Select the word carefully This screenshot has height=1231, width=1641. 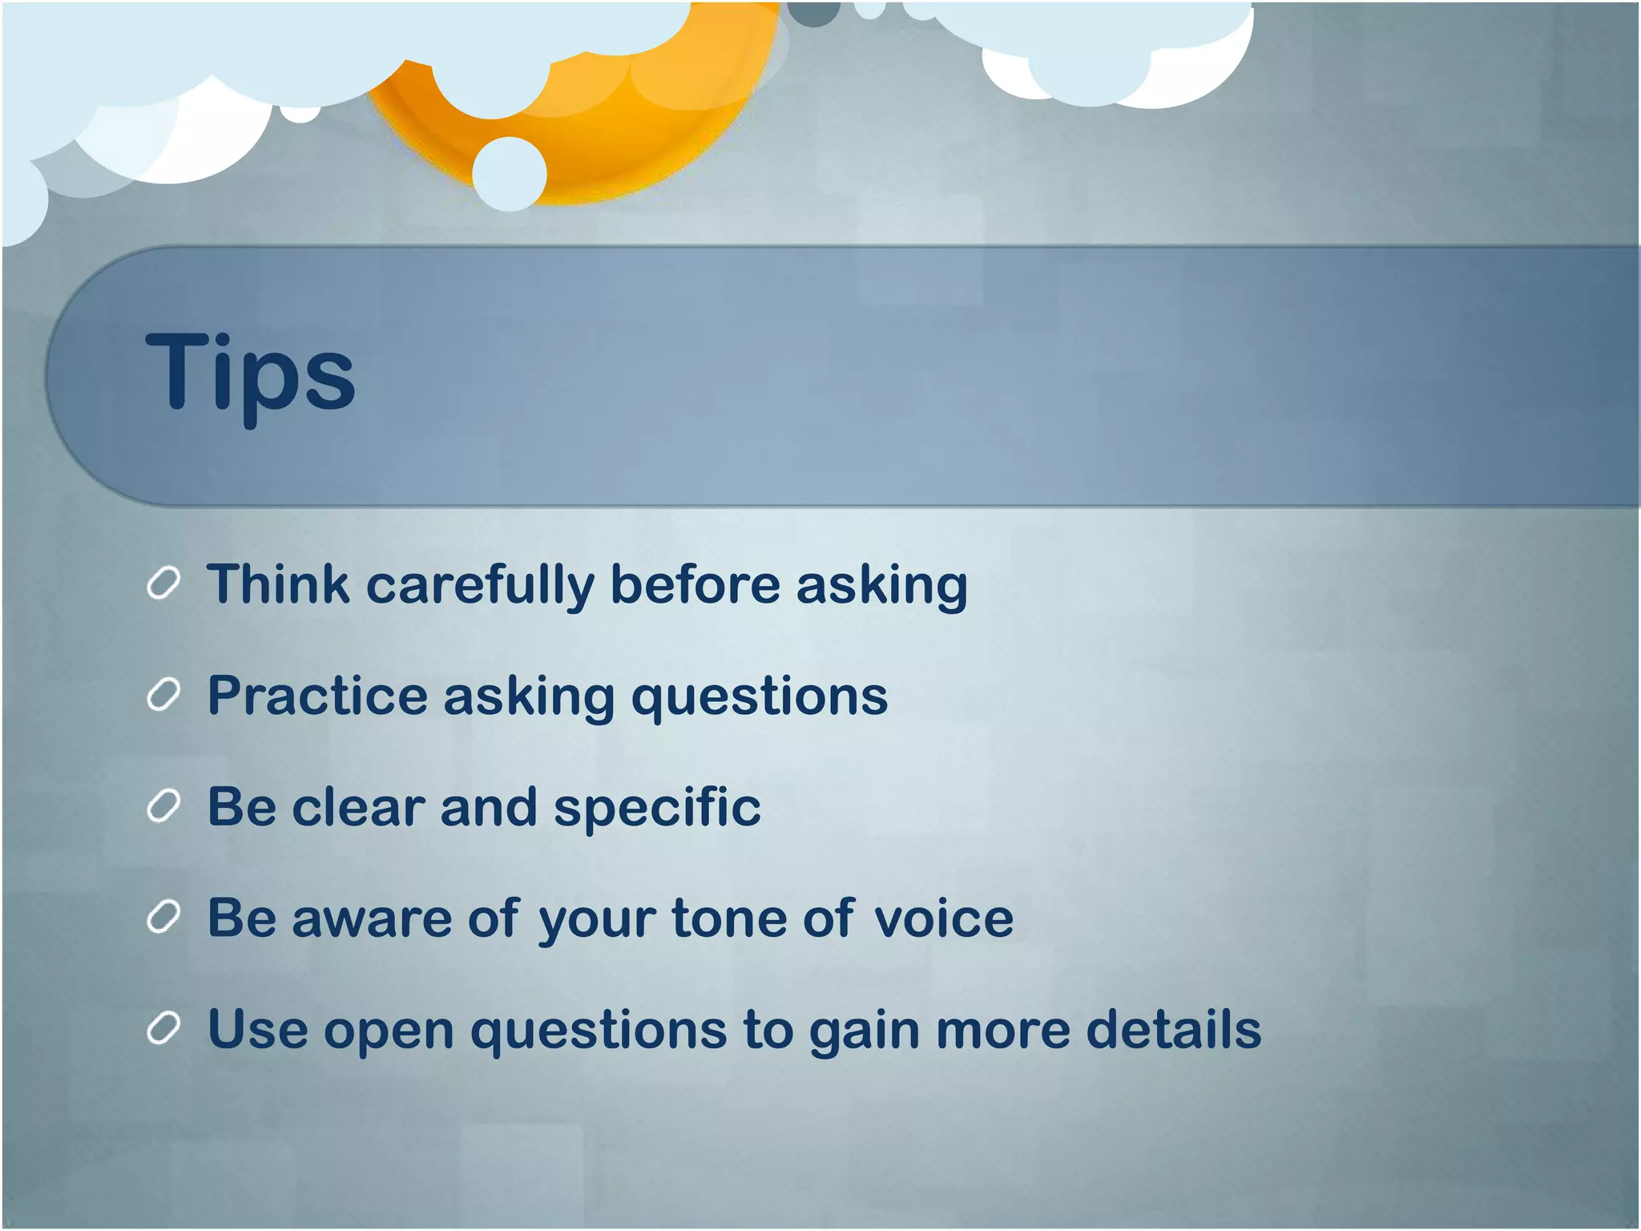pos(479,585)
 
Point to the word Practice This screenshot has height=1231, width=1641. pos(317,695)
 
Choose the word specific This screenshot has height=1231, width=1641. pos(657,808)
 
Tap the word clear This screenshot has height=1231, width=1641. pos(358,806)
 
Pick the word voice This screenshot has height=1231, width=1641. pos(943,918)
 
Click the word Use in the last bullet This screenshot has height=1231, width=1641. pos(257,1029)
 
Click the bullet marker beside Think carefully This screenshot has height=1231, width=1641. pos(163,583)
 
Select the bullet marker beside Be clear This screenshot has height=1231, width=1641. pos(163,806)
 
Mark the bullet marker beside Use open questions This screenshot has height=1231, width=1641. pos(163,1029)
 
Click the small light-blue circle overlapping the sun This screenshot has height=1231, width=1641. pos(509,174)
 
